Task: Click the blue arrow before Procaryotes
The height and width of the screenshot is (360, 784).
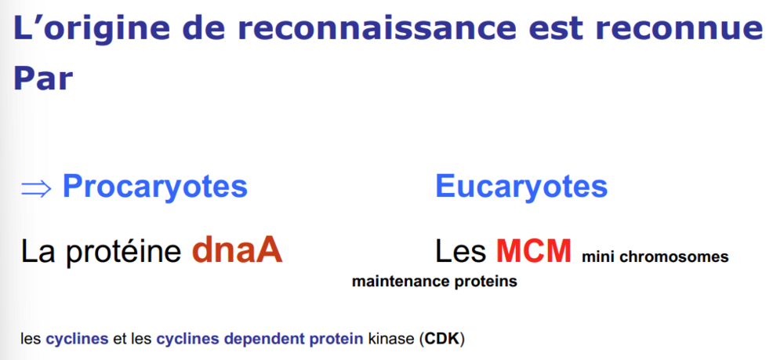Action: [x=36, y=188]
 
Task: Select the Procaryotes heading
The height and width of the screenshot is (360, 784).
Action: [x=155, y=187]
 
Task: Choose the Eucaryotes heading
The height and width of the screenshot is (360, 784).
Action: [x=521, y=187]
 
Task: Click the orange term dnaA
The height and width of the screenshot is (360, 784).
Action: [x=238, y=250]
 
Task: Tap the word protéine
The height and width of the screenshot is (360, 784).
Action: [x=123, y=252]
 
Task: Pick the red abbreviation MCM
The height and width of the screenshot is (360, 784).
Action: [x=533, y=251]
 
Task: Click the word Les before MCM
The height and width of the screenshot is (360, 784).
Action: [x=460, y=251]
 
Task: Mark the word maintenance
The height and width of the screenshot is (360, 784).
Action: [x=401, y=282]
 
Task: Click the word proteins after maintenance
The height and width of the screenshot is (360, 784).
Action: [x=486, y=282]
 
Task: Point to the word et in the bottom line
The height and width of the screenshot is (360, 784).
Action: [x=119, y=340]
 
